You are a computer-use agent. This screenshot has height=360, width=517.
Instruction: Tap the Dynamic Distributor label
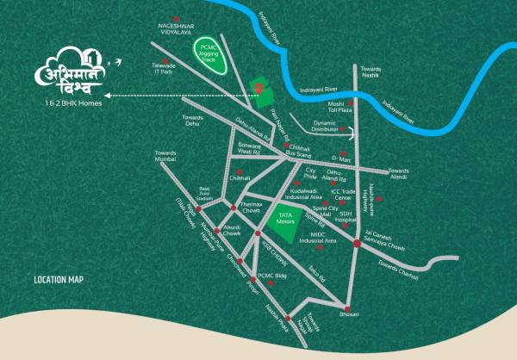[323, 127]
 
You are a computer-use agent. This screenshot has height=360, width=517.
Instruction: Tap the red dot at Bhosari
[347, 309]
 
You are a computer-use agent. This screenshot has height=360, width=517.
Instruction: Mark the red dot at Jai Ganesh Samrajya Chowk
[357, 245]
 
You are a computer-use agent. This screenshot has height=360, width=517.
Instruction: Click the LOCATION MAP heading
[59, 280]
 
